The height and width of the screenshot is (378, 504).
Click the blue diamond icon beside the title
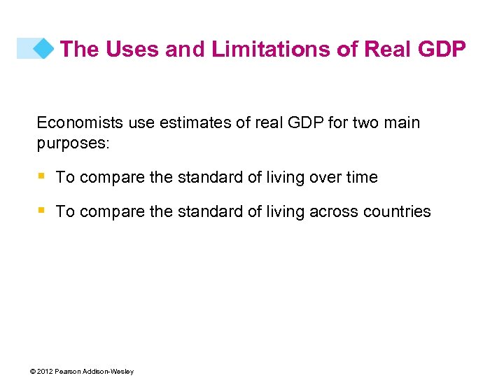(x=44, y=48)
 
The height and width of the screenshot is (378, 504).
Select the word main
(x=402, y=123)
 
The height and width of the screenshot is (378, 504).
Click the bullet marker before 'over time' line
(x=41, y=176)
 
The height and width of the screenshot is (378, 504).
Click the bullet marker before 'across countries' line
(x=41, y=211)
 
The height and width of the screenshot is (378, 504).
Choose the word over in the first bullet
(x=323, y=178)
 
